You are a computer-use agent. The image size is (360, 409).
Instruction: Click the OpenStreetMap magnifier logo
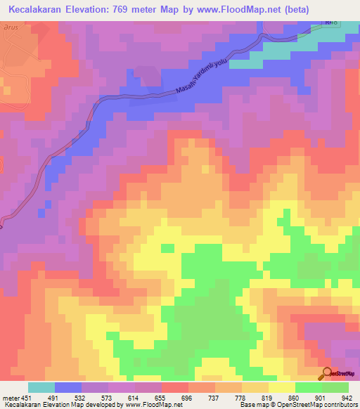pyautogui.click(x=328, y=374)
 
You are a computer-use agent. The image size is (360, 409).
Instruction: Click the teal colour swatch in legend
pyautogui.click(x=41, y=387)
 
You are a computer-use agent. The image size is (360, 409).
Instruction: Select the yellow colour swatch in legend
pyautogui.click(x=281, y=387)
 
